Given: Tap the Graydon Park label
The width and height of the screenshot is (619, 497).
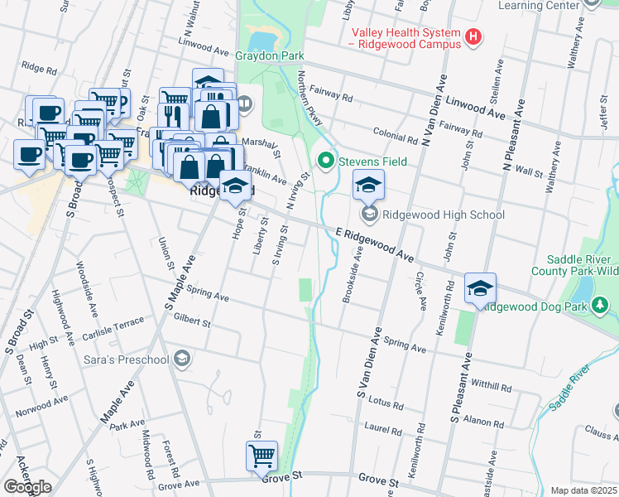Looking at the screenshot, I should (x=271, y=56).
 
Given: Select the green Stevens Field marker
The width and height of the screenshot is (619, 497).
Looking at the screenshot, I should (x=325, y=162).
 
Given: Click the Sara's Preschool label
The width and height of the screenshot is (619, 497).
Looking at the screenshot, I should (x=126, y=359).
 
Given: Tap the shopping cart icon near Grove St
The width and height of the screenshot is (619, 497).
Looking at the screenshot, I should (x=262, y=456).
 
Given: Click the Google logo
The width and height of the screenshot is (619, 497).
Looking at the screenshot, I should (x=27, y=486).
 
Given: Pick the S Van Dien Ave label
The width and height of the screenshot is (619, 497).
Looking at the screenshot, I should (x=367, y=365).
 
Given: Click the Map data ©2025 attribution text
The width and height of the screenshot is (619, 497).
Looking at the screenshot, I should (x=583, y=490).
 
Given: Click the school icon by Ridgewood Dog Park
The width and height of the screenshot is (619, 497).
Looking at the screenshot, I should (x=479, y=288).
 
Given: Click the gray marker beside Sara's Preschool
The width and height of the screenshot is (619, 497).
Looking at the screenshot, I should (x=183, y=359).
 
